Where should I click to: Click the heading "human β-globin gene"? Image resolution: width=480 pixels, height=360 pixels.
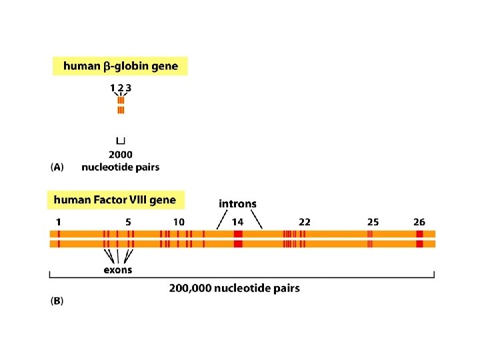(121, 66)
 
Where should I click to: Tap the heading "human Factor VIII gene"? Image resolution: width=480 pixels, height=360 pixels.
(115, 199)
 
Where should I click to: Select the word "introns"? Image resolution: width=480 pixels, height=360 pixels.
(237, 203)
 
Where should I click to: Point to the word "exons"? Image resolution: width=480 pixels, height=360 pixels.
(118, 270)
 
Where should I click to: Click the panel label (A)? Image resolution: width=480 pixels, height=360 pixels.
(57, 167)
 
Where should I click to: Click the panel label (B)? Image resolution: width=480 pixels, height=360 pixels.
(57, 301)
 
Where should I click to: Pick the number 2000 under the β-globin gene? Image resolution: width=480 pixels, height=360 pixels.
(120, 154)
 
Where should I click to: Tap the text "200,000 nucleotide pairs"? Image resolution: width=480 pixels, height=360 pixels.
(234, 288)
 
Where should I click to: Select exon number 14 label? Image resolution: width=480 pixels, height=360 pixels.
(237, 221)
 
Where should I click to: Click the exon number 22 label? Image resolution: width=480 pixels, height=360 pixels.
(304, 221)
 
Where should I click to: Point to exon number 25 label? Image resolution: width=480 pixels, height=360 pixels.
(373, 221)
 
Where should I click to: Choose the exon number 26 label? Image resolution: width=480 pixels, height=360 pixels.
(419, 221)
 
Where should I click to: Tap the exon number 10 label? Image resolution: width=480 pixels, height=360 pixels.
(179, 221)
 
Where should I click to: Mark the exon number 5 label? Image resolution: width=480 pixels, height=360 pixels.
(128, 221)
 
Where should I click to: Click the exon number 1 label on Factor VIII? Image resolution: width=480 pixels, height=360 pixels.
(59, 221)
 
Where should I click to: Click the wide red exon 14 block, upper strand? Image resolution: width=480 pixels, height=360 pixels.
(238, 234)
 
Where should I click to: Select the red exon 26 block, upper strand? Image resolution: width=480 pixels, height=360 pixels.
(419, 234)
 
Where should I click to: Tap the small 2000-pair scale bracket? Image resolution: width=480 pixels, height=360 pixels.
(121, 141)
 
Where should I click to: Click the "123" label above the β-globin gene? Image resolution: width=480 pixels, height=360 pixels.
(121, 87)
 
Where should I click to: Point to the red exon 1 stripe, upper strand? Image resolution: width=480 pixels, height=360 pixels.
(59, 234)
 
